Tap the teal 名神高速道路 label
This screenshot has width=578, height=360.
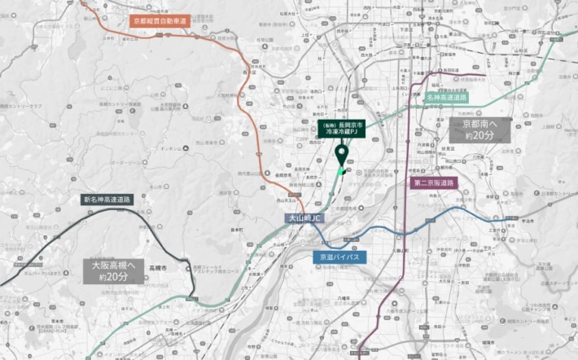click(447, 97)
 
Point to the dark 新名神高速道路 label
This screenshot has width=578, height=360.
click(107, 199)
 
